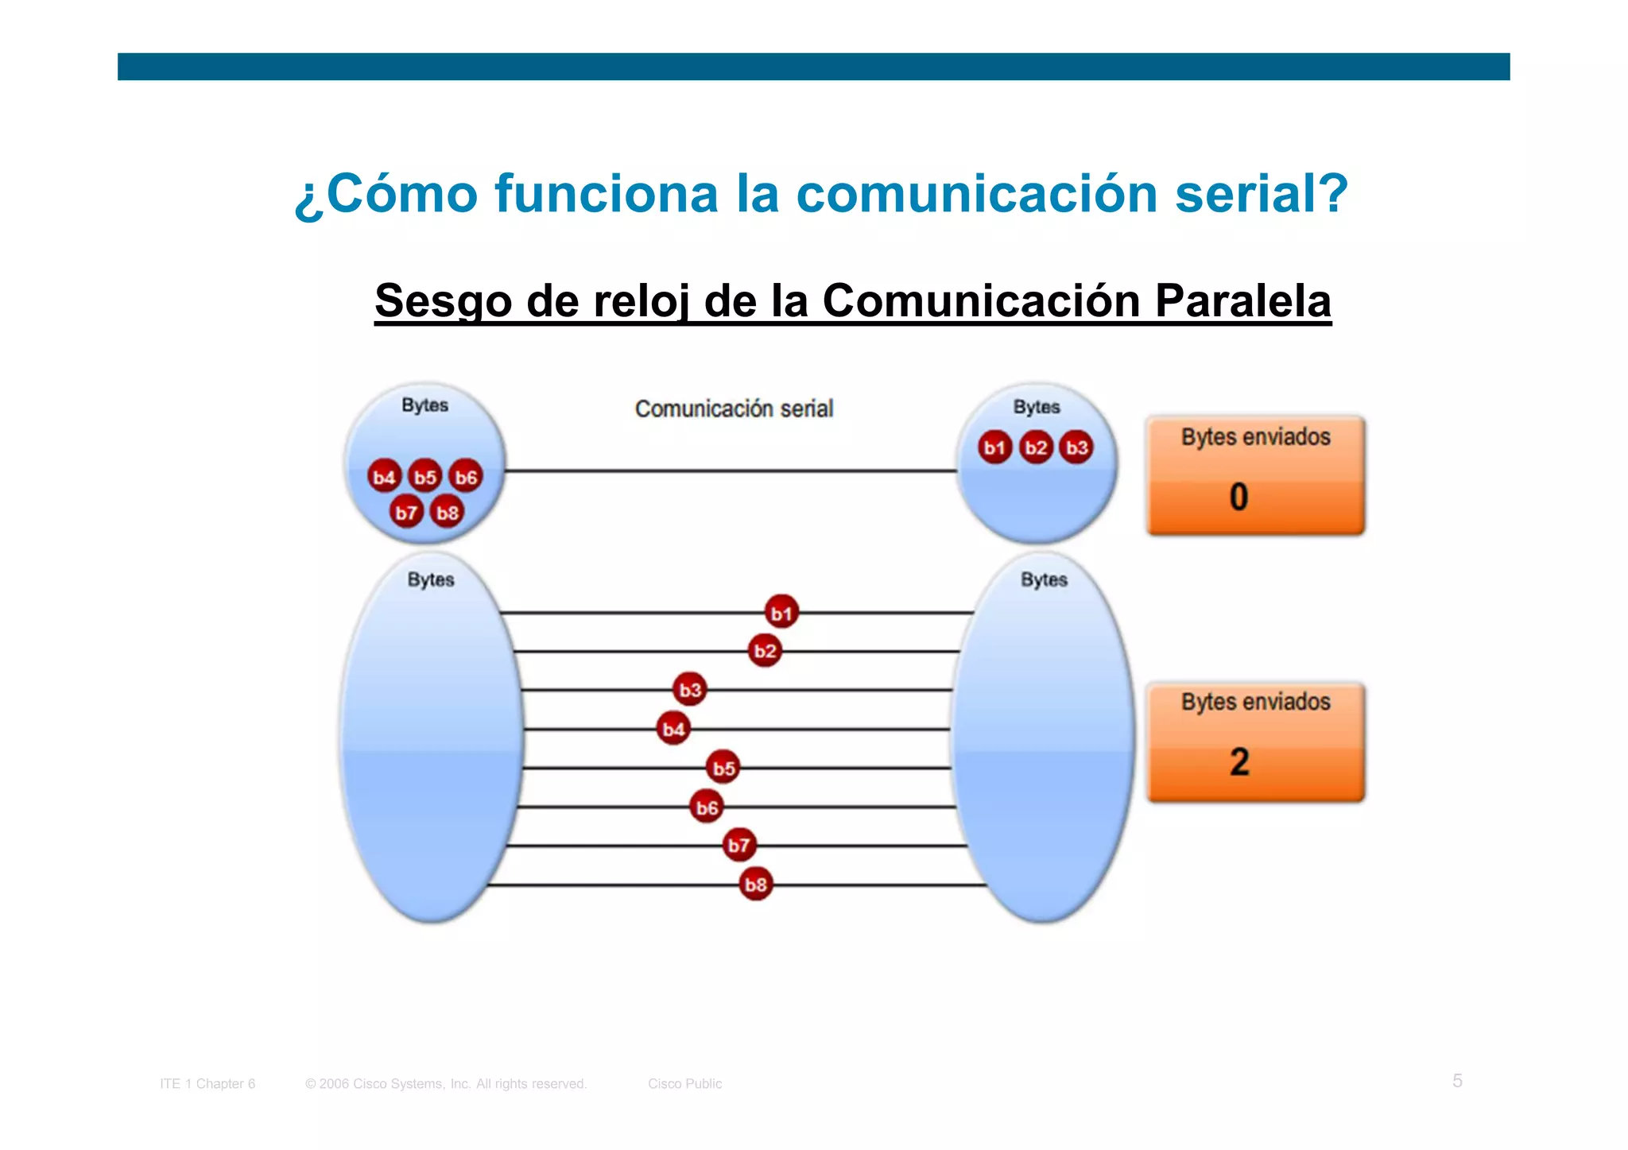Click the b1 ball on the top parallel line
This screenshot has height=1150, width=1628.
pyautogui.click(x=781, y=613)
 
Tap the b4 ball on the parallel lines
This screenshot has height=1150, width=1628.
pyautogui.click(x=673, y=729)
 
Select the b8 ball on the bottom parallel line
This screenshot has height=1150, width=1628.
pyautogui.click(x=755, y=884)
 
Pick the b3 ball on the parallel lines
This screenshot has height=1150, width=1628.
pyautogui.click(x=690, y=689)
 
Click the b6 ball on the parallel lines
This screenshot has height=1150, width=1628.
pyautogui.click(x=707, y=807)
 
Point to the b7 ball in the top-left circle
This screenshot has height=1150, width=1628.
pyautogui.click(x=406, y=512)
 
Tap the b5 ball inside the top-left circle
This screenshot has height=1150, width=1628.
pyautogui.click(x=425, y=477)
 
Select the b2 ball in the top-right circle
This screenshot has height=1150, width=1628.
pyautogui.click(x=1036, y=447)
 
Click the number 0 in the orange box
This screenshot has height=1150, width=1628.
pyautogui.click(x=1238, y=498)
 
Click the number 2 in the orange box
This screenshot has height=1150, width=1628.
pyautogui.click(x=1239, y=762)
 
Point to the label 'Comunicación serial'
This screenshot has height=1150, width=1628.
pyautogui.click(x=734, y=409)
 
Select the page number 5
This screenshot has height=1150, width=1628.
pyautogui.click(x=1457, y=1081)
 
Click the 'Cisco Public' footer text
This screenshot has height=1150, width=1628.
pyautogui.click(x=684, y=1083)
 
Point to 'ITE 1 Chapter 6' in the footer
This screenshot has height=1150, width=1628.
pyautogui.click(x=207, y=1083)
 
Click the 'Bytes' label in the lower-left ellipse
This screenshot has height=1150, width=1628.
pyautogui.click(x=431, y=579)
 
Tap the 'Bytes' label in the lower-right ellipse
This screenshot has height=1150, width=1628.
pyautogui.click(x=1044, y=579)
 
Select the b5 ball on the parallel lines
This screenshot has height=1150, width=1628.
pyautogui.click(x=723, y=768)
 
